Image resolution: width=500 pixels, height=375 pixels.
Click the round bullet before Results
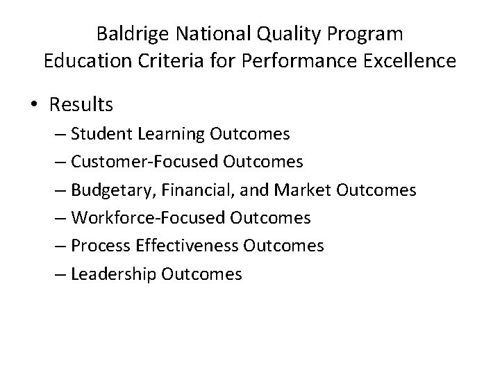tap(35, 105)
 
